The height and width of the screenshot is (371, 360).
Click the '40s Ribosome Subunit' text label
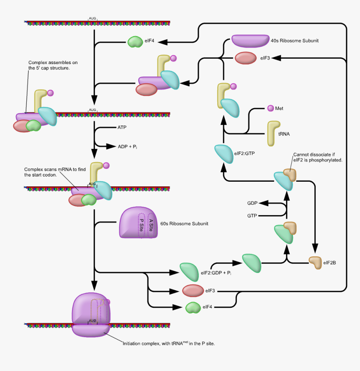296,41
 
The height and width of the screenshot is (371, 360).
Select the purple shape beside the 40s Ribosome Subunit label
250,40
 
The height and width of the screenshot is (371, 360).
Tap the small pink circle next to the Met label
270,108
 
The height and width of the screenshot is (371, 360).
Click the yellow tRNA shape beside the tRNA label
273,133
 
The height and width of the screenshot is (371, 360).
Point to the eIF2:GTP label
243,153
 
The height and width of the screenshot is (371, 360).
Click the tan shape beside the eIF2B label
314,263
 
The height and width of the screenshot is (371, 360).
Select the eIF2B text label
330,263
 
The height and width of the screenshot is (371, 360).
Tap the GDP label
252,203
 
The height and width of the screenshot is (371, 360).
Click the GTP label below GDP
252,216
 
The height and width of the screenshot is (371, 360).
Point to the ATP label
122,126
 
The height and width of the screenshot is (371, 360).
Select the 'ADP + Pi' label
129,147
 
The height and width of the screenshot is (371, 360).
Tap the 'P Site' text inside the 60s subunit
141,225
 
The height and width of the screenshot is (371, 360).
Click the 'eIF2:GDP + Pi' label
216,273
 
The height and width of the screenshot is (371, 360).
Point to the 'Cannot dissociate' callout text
318,157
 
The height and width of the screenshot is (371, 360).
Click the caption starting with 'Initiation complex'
169,343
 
